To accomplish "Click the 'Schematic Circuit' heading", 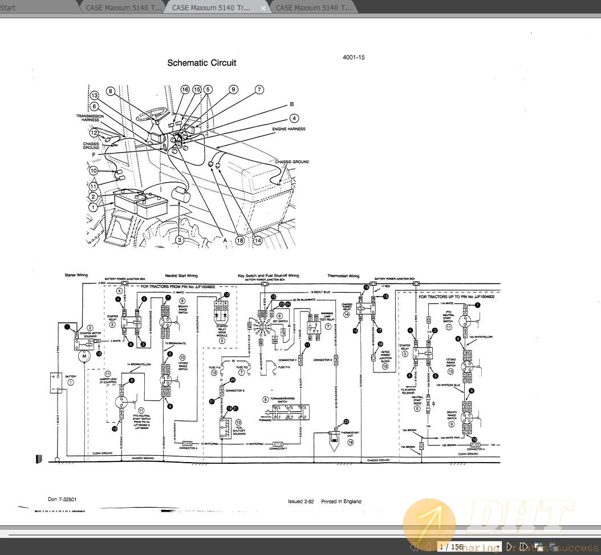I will point(201,63).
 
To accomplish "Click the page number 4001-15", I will point(354,58).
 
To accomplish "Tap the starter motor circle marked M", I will point(84,356).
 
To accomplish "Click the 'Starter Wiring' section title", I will point(76,276).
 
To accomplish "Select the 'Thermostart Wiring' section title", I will point(343,276).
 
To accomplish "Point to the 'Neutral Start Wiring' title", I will point(181,276).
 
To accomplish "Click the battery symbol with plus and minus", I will point(56,382).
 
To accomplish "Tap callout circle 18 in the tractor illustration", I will point(239,241).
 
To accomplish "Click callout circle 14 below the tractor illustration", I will point(258,241).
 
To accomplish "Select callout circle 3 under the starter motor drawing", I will point(180,240).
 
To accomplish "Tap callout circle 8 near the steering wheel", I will point(111,91).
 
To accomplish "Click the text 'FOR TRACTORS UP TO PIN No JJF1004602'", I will point(456,297).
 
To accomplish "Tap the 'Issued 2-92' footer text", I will point(300,501).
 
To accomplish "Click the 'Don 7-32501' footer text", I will point(62,499).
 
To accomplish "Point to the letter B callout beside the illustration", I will point(291,104).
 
